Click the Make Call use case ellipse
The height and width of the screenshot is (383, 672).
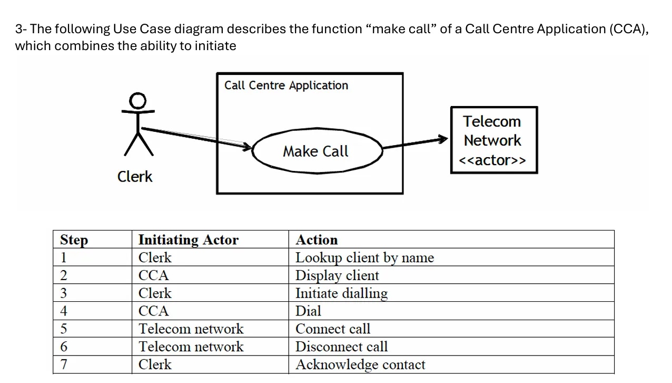pos(316,151)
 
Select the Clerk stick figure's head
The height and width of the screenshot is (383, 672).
pos(138,100)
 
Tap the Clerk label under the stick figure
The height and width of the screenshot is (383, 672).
pos(135,176)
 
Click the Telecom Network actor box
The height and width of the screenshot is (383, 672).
pos(493,140)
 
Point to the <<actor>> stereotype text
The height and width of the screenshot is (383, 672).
pos(492,160)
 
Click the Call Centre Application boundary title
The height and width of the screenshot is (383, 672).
pos(286,85)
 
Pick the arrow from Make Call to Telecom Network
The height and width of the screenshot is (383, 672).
pos(415,143)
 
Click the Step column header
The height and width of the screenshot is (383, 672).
pos(74,240)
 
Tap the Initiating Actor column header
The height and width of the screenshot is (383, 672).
pos(188,240)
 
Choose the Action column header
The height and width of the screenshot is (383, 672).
pos(317,240)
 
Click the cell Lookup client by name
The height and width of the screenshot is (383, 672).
pos(364,258)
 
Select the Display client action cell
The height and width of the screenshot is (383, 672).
pos(337,276)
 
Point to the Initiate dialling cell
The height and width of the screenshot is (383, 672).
pos(341,293)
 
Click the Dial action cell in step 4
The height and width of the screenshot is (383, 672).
pos(308,311)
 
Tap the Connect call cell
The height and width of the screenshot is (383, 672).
pos(333,329)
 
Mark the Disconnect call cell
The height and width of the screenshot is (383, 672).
pos(341,347)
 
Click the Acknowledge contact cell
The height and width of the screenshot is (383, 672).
pos(360,365)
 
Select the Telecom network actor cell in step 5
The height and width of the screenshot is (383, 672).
pos(191,329)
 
